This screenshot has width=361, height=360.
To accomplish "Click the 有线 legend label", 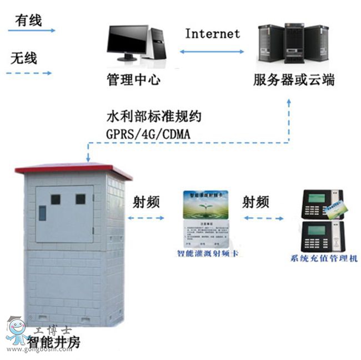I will coord(28,21).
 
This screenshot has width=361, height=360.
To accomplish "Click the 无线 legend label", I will coord(23,58).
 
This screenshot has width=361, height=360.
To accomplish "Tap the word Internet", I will coord(212,33).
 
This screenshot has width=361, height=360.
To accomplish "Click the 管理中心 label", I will coord(133,80).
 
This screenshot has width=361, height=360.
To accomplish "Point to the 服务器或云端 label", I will coord(294,80).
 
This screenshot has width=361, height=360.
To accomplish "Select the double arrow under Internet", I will coord(213,52).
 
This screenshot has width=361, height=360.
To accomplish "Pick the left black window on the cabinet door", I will coord(56,199).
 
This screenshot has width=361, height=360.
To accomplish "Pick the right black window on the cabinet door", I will coord(81,198).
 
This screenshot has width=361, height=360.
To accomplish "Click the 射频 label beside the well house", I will coord(146,201).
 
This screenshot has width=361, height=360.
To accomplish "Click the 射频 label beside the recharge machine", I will coord(257,201).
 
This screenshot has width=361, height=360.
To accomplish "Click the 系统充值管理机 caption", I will coord(322,258).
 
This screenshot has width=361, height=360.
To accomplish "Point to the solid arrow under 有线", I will coord(30,32).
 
